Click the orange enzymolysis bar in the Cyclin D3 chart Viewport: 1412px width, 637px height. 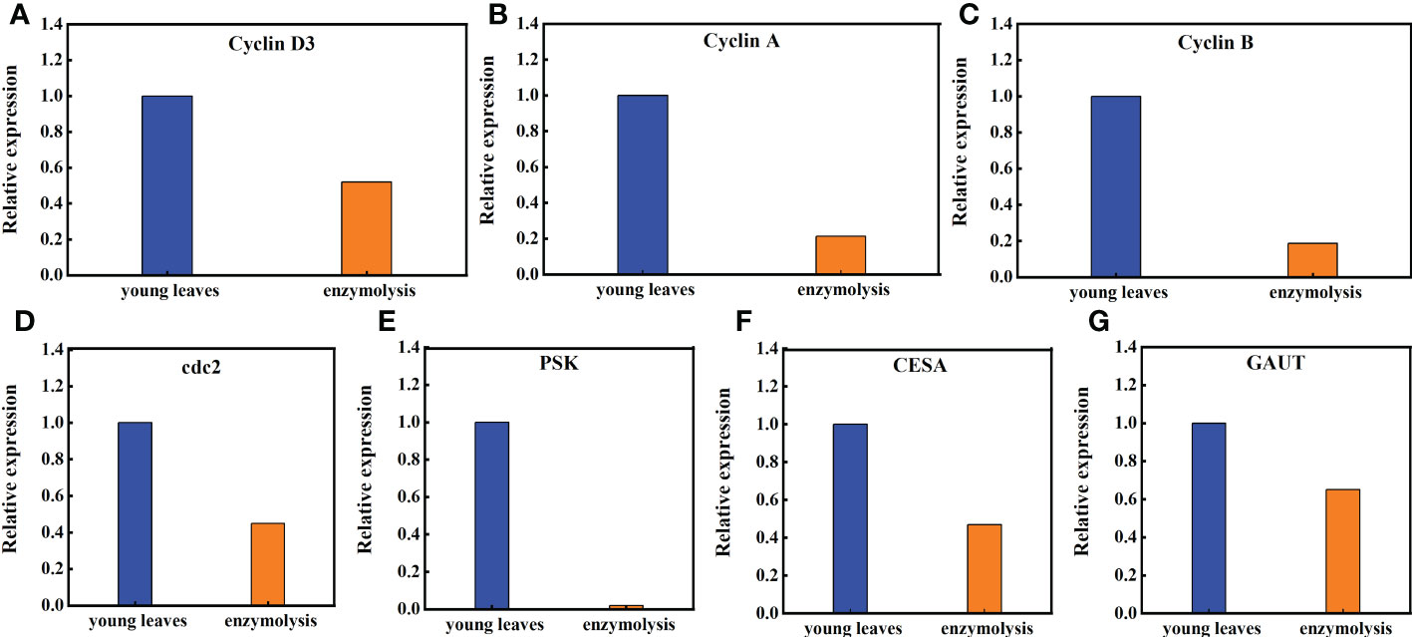tap(367, 228)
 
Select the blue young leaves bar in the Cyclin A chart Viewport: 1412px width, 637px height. tap(642, 184)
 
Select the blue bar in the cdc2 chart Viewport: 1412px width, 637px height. tap(136, 513)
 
